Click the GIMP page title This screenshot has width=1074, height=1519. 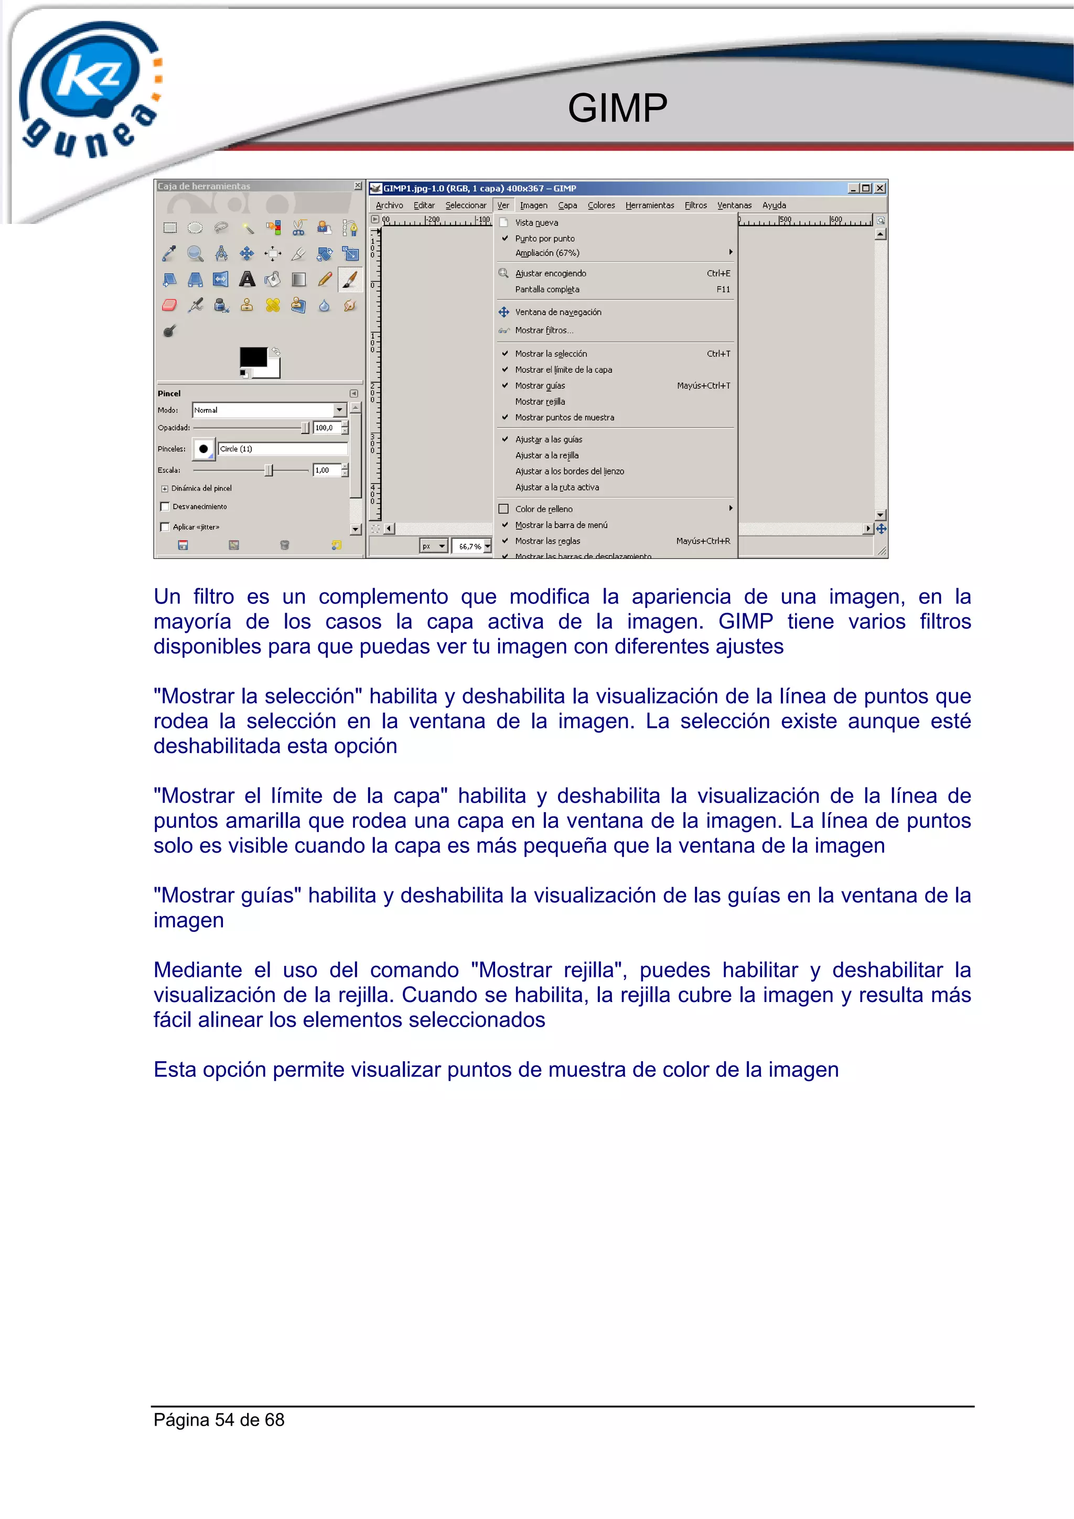[x=617, y=108]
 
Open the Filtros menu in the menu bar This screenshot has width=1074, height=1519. [x=695, y=205]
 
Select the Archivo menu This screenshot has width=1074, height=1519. [x=389, y=205]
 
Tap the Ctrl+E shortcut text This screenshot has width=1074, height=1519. [x=718, y=273]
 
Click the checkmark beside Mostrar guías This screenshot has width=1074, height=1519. [x=505, y=385]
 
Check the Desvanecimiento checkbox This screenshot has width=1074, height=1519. [x=165, y=507]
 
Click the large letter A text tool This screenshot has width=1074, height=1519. [x=247, y=279]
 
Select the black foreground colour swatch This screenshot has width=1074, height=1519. [x=252, y=357]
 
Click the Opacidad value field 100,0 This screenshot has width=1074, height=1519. [x=327, y=428]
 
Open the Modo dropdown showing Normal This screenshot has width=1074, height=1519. [x=268, y=410]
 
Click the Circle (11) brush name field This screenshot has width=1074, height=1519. [x=282, y=448]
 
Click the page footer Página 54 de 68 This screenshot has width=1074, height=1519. [x=219, y=1420]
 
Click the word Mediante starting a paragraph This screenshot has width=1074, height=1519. [x=197, y=970]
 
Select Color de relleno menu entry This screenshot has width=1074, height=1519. [x=543, y=509]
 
